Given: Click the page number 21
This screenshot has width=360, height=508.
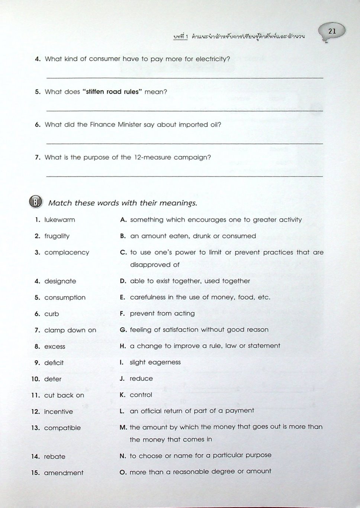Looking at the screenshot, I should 332,31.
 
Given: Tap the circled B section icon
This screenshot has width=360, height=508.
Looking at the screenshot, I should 36,202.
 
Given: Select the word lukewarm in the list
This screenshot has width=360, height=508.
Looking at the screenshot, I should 60,220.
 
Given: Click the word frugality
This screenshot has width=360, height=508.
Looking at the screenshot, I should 57,236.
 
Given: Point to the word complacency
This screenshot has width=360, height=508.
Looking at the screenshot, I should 67,253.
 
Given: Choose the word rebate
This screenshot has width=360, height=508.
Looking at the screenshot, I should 54,457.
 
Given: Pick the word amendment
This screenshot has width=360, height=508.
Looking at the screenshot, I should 64,473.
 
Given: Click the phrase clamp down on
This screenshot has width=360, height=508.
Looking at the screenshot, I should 70,330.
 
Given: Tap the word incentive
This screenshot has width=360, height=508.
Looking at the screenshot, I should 58,412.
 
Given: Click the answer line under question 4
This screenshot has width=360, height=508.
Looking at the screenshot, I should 184,77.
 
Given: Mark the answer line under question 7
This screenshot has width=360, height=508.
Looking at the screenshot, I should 184,176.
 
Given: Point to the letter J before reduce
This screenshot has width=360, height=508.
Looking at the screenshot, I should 122,379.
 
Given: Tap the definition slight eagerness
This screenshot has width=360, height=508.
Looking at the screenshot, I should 155,362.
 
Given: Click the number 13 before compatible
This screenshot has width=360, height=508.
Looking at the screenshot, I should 36,428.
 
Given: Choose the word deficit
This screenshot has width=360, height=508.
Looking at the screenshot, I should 54,363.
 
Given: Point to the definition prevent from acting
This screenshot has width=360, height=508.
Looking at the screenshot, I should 162,314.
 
